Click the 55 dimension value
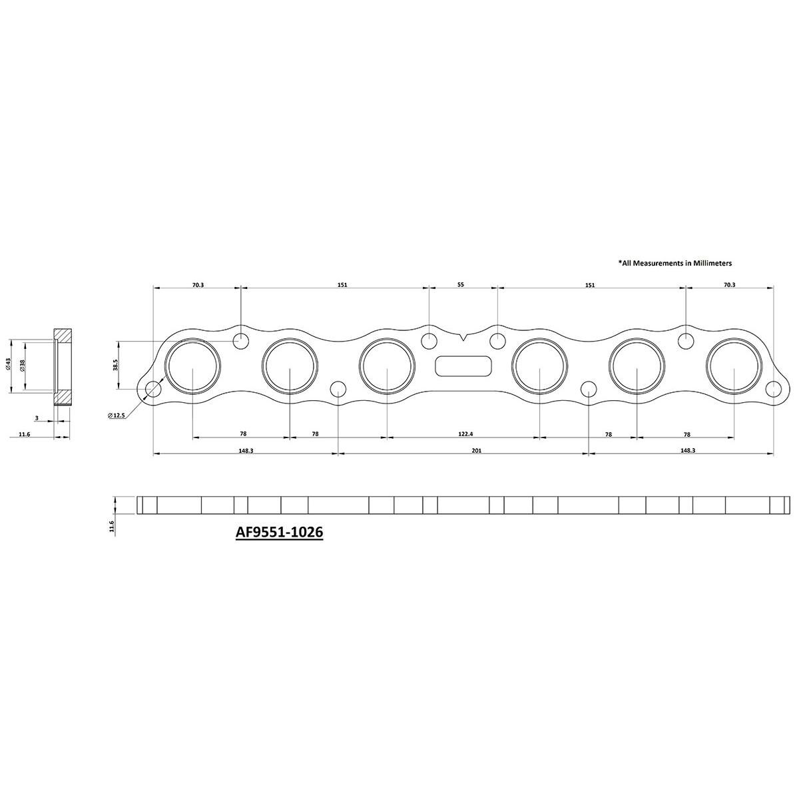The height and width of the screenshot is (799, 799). [x=460, y=284]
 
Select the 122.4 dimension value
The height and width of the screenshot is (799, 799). [x=465, y=433]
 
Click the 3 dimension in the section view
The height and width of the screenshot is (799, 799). [x=37, y=419]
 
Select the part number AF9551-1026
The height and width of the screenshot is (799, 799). [x=279, y=533]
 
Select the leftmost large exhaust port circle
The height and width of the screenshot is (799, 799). [x=192, y=366]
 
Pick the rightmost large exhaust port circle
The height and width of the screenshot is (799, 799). [x=734, y=366]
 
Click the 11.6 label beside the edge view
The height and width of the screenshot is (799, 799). [x=112, y=527]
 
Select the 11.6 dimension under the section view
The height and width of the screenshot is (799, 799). [x=24, y=436]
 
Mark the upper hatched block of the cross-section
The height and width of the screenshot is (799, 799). [x=63, y=334]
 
